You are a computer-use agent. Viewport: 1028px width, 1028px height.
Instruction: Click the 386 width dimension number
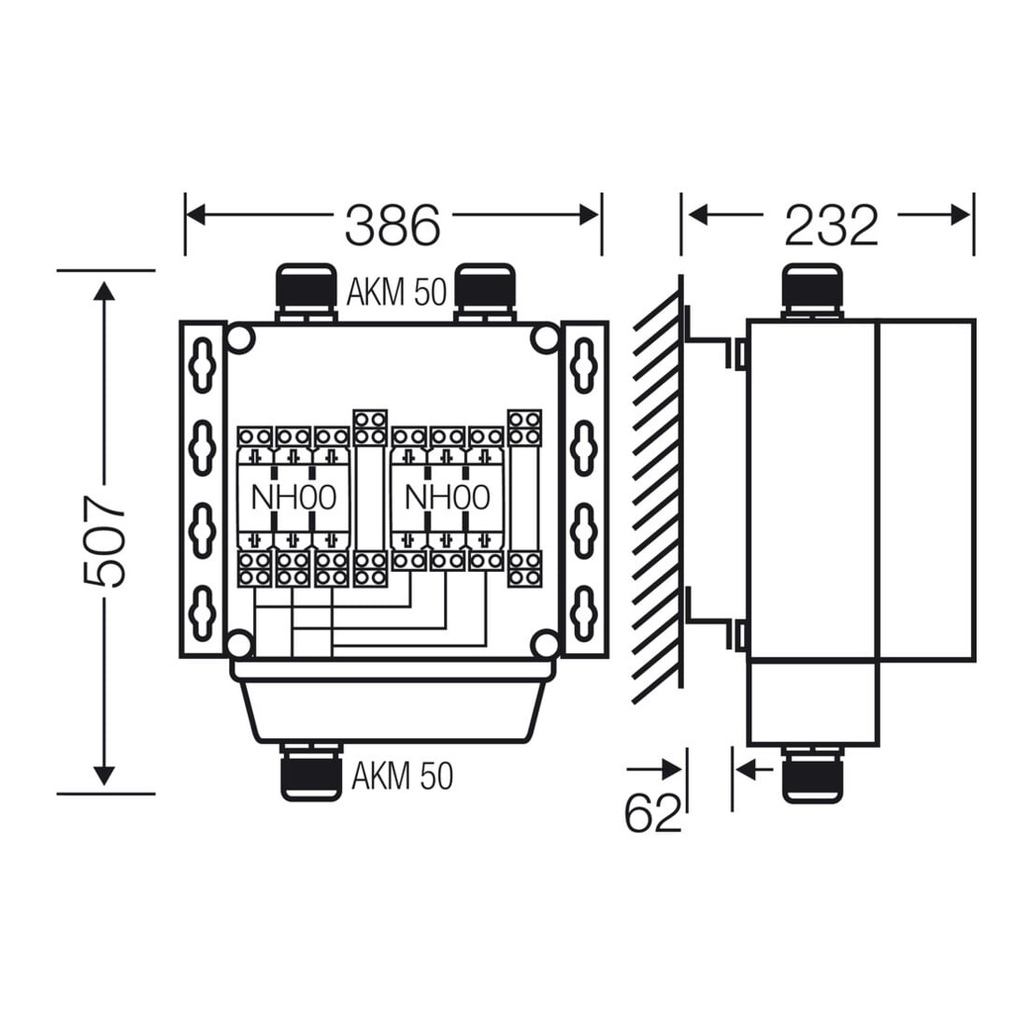393,225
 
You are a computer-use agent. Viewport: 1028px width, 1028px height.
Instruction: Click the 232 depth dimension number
832,225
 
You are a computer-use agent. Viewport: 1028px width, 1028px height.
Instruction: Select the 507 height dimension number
105,541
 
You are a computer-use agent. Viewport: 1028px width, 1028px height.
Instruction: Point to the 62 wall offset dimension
653,813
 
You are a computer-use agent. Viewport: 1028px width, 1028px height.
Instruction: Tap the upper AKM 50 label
396,292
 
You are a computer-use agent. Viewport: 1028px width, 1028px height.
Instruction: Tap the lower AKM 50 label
402,776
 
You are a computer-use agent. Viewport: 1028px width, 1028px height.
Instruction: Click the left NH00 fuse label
293,497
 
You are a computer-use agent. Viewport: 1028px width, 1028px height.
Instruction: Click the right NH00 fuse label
447,497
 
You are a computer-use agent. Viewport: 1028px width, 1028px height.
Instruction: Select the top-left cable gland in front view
307,292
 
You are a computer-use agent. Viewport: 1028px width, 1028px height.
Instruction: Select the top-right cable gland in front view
485,292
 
